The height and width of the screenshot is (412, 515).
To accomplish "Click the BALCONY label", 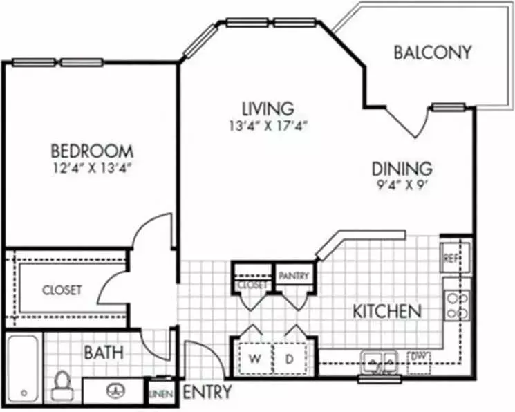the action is tap(432, 53).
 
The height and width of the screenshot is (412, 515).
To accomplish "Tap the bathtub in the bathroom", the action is tap(23, 368).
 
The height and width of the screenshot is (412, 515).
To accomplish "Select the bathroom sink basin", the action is tap(115, 391).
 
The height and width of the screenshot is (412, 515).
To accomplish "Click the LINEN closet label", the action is tap(161, 393).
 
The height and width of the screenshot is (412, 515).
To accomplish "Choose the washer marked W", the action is tap(255, 359).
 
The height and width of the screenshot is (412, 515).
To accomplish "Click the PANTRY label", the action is tap(294, 275).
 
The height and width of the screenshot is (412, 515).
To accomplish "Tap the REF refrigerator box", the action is tap(456, 258).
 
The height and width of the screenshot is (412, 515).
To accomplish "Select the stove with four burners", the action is tap(458, 306).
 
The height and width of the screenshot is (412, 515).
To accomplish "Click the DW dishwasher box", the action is tap(419, 363).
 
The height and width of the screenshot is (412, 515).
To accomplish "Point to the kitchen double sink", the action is tap(380, 362).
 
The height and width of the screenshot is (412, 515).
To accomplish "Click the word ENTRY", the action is tap(207, 392).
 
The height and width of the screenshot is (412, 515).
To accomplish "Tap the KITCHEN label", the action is tap(387, 311).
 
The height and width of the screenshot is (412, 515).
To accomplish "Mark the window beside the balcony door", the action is tap(449, 107).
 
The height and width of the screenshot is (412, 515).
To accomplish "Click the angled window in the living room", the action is tap(200, 41).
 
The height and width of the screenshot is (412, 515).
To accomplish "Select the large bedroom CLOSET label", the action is tap(62, 290).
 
